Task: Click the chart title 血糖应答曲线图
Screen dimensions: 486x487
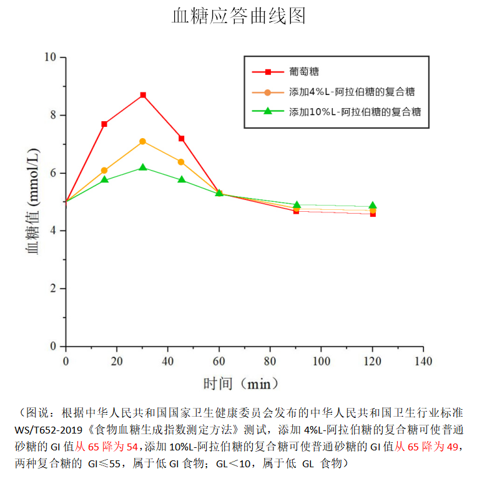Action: [x=239, y=16]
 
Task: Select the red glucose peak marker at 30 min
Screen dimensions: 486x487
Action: [x=143, y=95]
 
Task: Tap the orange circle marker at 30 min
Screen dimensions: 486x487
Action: [x=143, y=141]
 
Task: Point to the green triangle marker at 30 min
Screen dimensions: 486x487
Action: [x=143, y=167]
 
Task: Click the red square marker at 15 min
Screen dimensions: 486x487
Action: [x=104, y=124]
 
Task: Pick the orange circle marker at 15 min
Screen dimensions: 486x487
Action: [x=104, y=170]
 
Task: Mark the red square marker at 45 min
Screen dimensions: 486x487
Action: [x=181, y=138]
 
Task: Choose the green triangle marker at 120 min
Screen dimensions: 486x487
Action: [x=373, y=206]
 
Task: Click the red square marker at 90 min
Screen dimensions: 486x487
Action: [x=296, y=211]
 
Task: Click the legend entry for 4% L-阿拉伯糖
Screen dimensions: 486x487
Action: [x=352, y=92]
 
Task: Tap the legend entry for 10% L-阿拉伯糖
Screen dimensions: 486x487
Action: [x=355, y=112]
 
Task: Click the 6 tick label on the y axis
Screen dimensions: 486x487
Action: [x=53, y=173]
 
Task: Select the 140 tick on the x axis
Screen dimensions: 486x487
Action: [x=423, y=362]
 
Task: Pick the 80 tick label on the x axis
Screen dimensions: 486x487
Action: [x=270, y=362]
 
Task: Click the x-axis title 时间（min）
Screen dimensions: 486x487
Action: [x=240, y=383]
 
